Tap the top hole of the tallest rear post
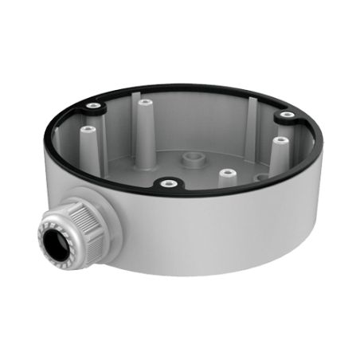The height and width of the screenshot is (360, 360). [x=144, y=102]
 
